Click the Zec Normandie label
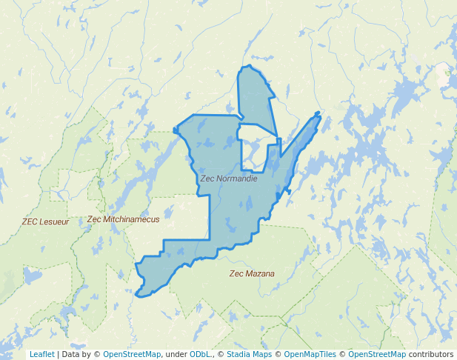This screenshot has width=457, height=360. coord(229,179)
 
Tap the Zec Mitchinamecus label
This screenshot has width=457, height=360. coord(123,219)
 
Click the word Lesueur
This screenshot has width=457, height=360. coord(55,221)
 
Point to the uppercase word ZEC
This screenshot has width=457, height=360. coord(30,221)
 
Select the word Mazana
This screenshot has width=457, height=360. coord(261,273)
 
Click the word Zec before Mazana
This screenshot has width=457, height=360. coord(237,273)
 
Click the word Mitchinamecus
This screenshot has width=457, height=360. coord(131,219)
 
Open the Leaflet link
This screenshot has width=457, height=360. coord(41,354)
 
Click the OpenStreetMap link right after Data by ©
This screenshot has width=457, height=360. coord(131,354)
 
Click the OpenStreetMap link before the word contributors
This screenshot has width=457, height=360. coord(376,354)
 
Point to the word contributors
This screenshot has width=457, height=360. coord(430,354)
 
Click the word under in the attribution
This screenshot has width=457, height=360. coord(176,354)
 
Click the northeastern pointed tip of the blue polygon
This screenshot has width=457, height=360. coord(319,113)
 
